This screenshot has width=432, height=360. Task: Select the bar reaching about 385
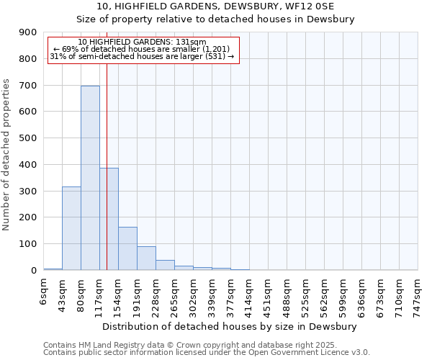point(109,219)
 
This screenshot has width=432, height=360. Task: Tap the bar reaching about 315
point(71,228)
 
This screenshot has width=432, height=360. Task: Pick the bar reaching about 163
point(127,248)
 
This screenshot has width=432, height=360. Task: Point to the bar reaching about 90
point(146,258)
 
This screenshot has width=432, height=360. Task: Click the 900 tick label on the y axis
point(28,32)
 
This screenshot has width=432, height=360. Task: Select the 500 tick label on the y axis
point(28,138)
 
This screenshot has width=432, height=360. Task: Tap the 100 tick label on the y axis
point(28,244)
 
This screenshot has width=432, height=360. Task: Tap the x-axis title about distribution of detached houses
point(230,326)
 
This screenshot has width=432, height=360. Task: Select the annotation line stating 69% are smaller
point(142,49)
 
